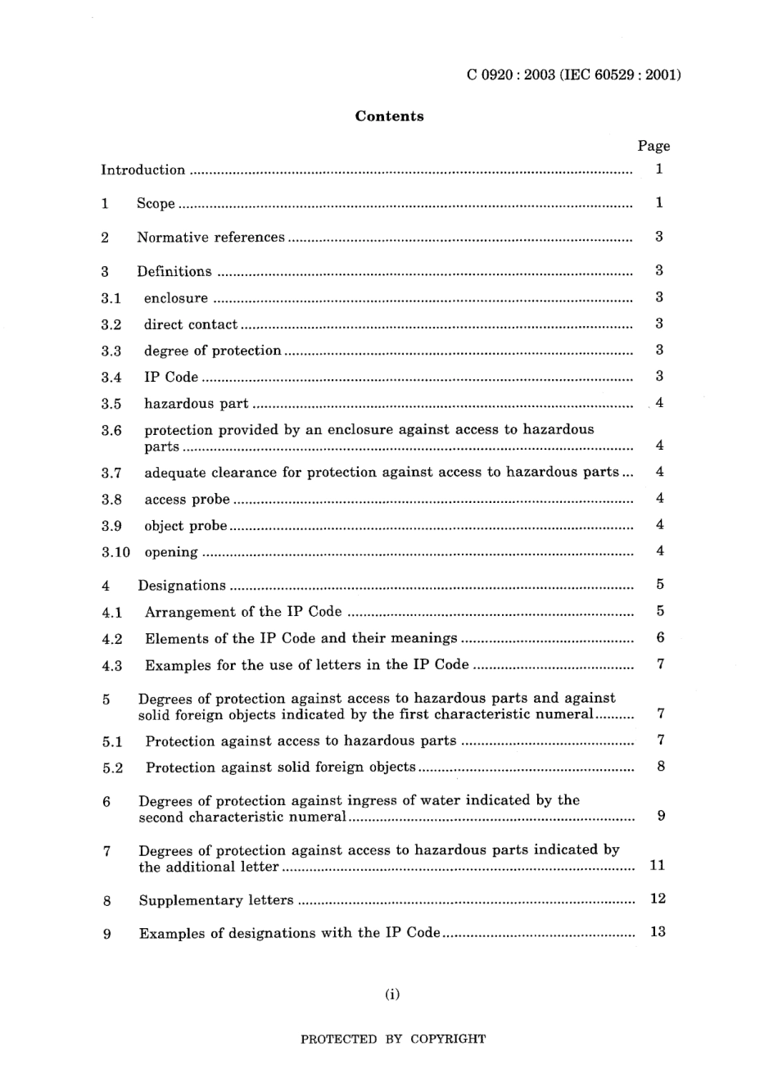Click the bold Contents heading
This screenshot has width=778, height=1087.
point(389,116)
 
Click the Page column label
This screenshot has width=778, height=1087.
point(654,146)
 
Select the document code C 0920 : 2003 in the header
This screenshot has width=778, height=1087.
point(511,75)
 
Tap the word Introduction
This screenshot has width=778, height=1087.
point(142,170)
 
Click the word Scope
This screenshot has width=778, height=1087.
point(156,204)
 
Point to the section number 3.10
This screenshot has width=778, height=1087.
point(115,552)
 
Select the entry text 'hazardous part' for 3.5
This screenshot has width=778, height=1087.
point(196,404)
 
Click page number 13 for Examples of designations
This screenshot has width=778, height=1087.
point(658,932)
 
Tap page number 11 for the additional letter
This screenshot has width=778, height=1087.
point(657,866)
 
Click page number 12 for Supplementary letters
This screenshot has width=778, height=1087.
point(658,899)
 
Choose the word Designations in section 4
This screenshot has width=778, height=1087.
point(182,586)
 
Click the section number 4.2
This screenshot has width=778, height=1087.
point(112,639)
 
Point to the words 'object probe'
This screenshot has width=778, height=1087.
point(185,526)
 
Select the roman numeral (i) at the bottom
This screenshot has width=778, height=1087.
point(392,995)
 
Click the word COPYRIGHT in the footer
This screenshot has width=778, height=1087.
point(448,1039)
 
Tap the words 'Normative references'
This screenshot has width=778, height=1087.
point(210,238)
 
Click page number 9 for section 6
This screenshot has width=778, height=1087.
point(661,816)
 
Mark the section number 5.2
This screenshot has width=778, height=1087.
point(112,768)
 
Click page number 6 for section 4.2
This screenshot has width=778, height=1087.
point(660,638)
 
